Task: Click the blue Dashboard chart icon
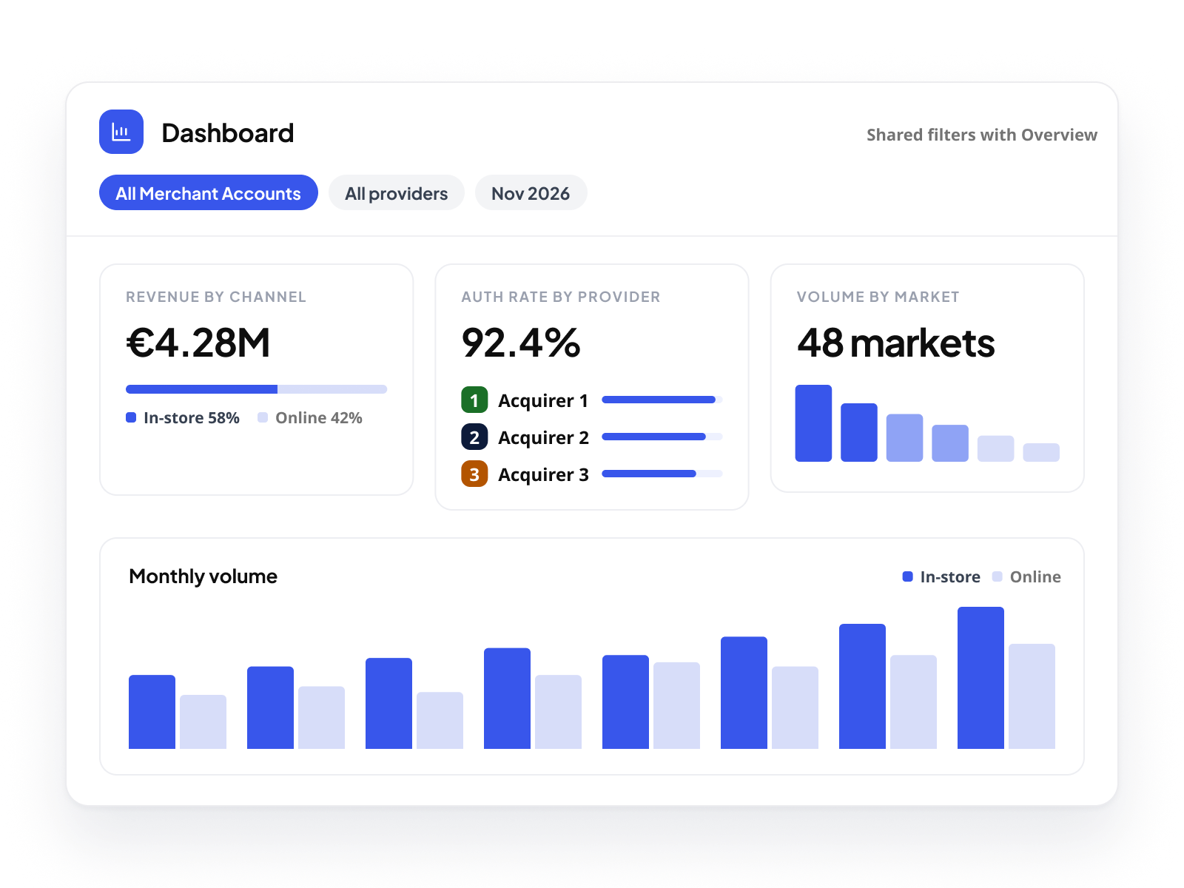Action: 121,132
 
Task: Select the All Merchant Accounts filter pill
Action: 208,192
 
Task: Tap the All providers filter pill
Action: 396,192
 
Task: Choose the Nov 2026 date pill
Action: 531,192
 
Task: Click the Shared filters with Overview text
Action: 981,135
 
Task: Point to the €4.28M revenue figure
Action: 198,343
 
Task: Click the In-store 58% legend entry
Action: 182,418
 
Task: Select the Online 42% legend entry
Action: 309,418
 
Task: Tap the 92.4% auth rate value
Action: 520,343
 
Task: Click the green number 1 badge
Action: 474,400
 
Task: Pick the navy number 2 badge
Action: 474,437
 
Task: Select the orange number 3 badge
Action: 474,474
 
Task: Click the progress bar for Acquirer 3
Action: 662,474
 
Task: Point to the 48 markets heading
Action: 895,343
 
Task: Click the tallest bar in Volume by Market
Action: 813,423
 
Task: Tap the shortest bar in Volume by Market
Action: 1041,452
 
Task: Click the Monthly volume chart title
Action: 203,576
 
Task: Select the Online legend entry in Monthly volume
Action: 1026,577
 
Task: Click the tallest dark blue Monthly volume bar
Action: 980,678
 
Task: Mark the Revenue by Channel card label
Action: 216,297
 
